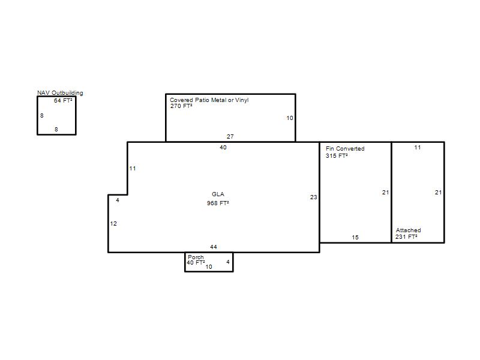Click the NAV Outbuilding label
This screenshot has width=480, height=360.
coord(60,93)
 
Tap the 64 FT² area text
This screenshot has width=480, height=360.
coord(63,100)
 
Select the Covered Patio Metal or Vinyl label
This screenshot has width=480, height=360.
coord(209,100)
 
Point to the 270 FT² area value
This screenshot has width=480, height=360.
coord(181,106)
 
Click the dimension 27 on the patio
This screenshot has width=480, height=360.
coord(230,137)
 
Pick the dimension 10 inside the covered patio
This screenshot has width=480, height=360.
coord(290,118)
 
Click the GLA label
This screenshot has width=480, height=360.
coord(218,194)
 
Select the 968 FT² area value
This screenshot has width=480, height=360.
coord(218,203)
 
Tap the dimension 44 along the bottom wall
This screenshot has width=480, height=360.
coord(214,247)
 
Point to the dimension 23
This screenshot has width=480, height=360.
coord(313,197)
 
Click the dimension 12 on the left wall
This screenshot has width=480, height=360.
coord(113,223)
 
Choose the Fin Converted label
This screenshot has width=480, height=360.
coord(345,148)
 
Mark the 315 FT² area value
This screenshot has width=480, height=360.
coord(337,155)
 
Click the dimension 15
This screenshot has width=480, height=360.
coord(355,237)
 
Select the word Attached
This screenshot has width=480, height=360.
coord(409,230)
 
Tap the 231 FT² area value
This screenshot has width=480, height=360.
coord(406,236)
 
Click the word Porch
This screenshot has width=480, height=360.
coord(196,257)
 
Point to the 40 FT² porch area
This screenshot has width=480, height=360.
coord(196,263)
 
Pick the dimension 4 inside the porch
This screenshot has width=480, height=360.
coord(228,262)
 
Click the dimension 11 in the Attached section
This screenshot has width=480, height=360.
coord(418,147)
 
